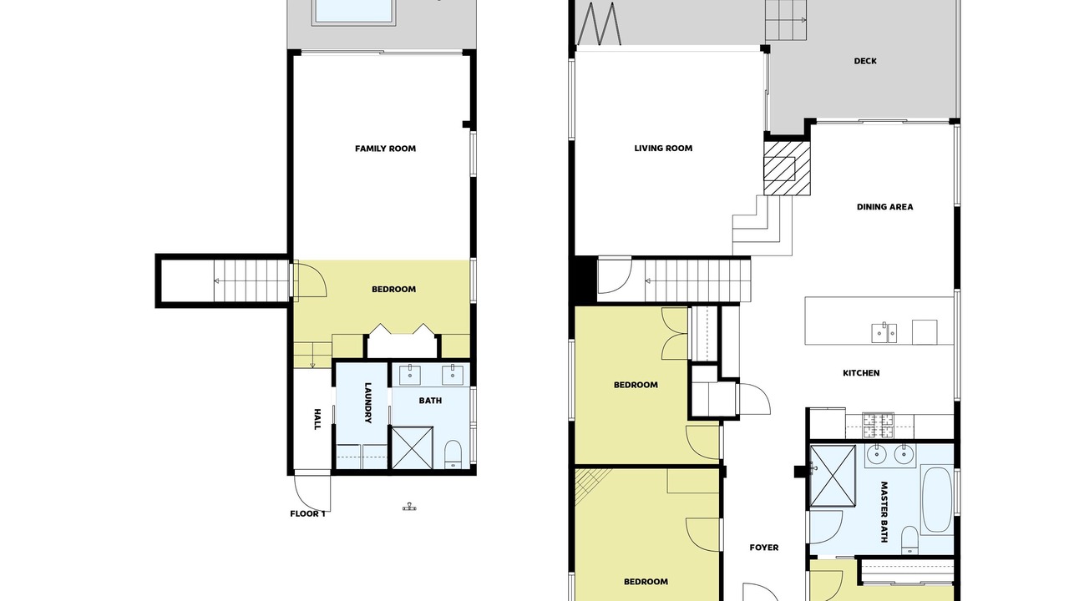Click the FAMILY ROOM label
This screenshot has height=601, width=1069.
pyautogui.click(x=385, y=149)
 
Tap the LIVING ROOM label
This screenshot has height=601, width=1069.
pyautogui.click(x=663, y=149)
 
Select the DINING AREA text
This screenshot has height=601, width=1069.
pyautogui.click(x=884, y=207)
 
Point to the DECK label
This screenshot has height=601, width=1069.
pyautogui.click(x=864, y=61)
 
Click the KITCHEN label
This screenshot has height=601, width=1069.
pyautogui.click(x=861, y=373)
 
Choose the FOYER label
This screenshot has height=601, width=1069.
pyautogui.click(x=763, y=548)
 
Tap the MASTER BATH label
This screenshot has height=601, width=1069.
pyautogui.click(x=884, y=512)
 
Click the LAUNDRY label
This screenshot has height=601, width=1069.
pyautogui.click(x=368, y=402)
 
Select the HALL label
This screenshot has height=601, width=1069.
pyautogui.click(x=317, y=419)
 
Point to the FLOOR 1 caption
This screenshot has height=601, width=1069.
pyautogui.click(x=308, y=513)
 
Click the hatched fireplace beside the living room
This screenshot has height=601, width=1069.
pyautogui.click(x=787, y=169)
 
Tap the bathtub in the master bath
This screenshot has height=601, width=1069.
pyautogui.click(x=936, y=499)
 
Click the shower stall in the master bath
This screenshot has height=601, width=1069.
pyautogui.click(x=833, y=475)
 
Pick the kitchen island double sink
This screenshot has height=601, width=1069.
pyautogui.click(x=884, y=332)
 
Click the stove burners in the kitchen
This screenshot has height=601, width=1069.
pyautogui.click(x=878, y=426)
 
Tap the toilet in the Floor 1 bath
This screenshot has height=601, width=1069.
pyautogui.click(x=453, y=454)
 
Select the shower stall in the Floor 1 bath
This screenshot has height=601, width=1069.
pyautogui.click(x=413, y=448)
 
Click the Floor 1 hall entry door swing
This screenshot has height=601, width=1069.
pyautogui.click(x=312, y=491)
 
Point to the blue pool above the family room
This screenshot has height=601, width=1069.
pyautogui.click(x=353, y=11)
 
